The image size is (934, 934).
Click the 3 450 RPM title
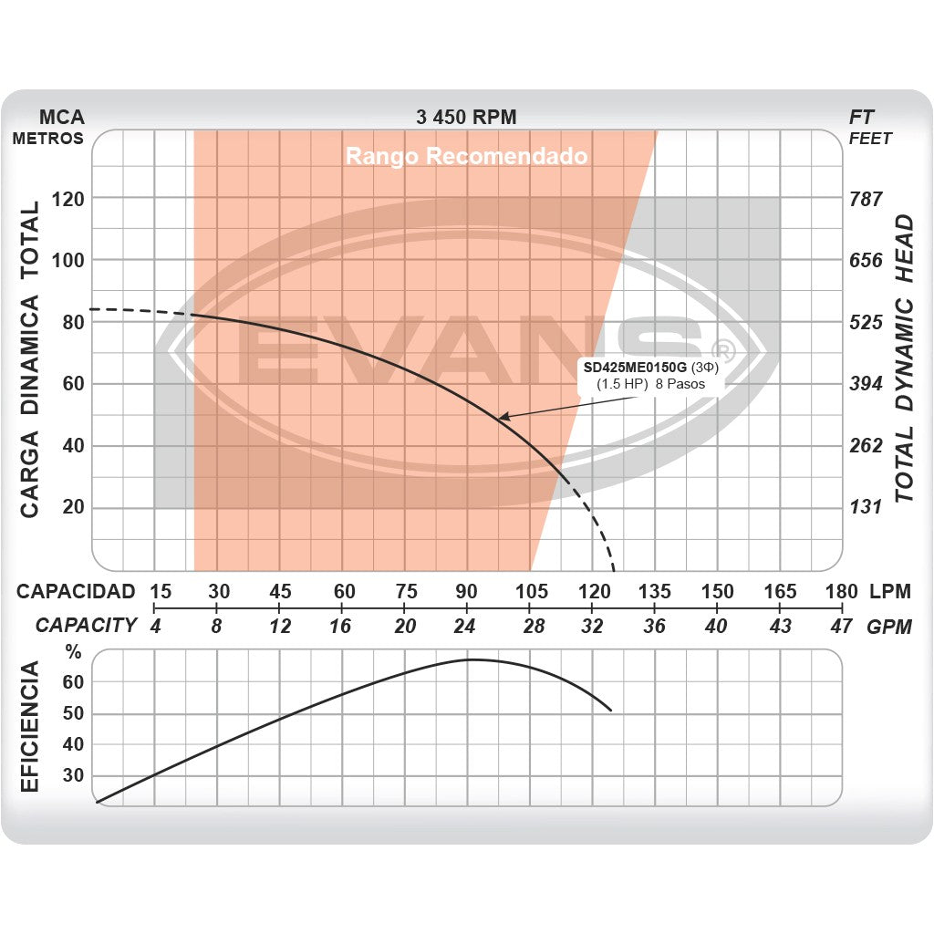(x=466, y=117)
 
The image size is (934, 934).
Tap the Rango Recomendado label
(x=466, y=157)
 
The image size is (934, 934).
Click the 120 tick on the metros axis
(x=69, y=199)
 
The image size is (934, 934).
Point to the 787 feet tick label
(x=866, y=199)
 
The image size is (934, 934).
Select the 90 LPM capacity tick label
(x=466, y=591)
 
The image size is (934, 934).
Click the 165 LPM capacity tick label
(x=780, y=591)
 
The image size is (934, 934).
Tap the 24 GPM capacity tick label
(x=465, y=627)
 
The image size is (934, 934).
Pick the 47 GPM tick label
(x=842, y=627)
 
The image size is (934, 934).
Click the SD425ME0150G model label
(x=635, y=368)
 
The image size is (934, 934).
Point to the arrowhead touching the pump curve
(x=502, y=417)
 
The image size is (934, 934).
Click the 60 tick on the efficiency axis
(x=73, y=682)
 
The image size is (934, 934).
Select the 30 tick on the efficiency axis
(x=73, y=775)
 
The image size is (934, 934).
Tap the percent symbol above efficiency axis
(x=73, y=653)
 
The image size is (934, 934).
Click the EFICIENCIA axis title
(x=29, y=727)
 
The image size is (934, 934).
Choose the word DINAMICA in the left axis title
(x=29, y=356)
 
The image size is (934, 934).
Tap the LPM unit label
(x=890, y=591)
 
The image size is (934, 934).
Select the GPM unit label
(x=889, y=627)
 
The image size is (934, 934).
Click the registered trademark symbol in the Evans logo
(x=721, y=350)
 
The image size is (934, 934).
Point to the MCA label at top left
(x=62, y=117)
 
